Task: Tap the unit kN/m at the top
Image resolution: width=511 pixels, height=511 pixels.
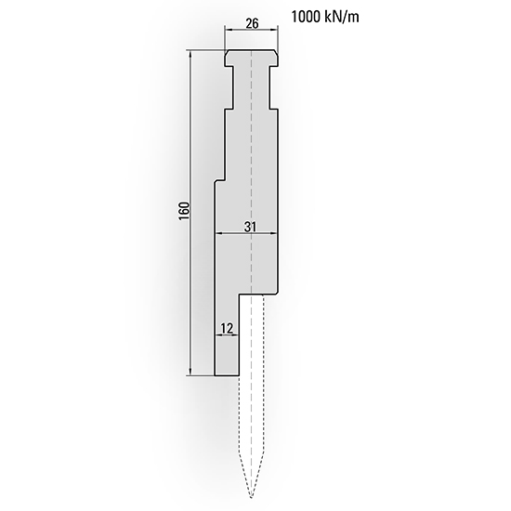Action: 347,17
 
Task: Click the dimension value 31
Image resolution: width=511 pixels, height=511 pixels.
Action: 251,226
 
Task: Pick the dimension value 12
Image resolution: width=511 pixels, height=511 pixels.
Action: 226,328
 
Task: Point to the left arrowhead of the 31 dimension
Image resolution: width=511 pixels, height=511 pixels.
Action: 218,234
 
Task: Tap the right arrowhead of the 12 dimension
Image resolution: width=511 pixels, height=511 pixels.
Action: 236,335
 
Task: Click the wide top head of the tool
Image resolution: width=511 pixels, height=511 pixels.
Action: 251,58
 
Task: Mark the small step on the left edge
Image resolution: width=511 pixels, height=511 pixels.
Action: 219,180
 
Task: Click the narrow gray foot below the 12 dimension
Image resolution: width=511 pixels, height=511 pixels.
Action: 227,358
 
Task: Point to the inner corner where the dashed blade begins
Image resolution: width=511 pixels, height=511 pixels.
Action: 239,295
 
